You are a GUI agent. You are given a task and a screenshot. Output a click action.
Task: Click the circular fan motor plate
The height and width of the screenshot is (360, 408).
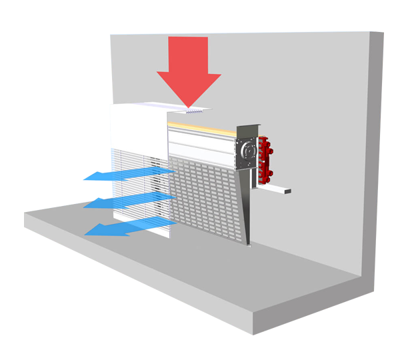pos(247,153)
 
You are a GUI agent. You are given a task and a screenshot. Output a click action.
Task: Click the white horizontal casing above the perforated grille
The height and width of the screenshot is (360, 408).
pos(203,143)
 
